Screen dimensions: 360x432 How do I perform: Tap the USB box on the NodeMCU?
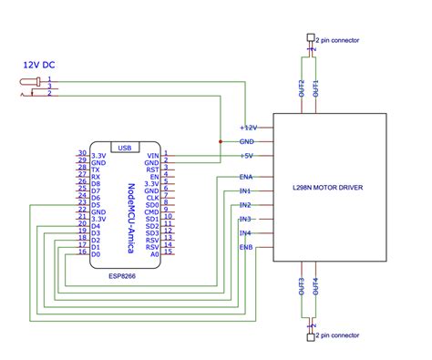click(125, 147)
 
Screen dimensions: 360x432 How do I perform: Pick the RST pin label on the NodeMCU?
click(153, 169)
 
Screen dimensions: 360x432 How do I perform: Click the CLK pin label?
click(153, 197)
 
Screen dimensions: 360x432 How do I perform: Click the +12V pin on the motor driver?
click(249, 128)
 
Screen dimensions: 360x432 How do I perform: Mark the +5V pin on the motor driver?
click(247, 156)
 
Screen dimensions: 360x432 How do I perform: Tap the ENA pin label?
click(246, 177)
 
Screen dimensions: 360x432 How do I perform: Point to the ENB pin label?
click(246, 247)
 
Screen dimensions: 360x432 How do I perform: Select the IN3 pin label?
click(245, 219)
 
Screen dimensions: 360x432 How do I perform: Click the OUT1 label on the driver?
click(316, 88)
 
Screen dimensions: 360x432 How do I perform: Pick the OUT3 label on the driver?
click(302, 286)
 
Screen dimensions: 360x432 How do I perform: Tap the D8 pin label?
click(96, 183)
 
